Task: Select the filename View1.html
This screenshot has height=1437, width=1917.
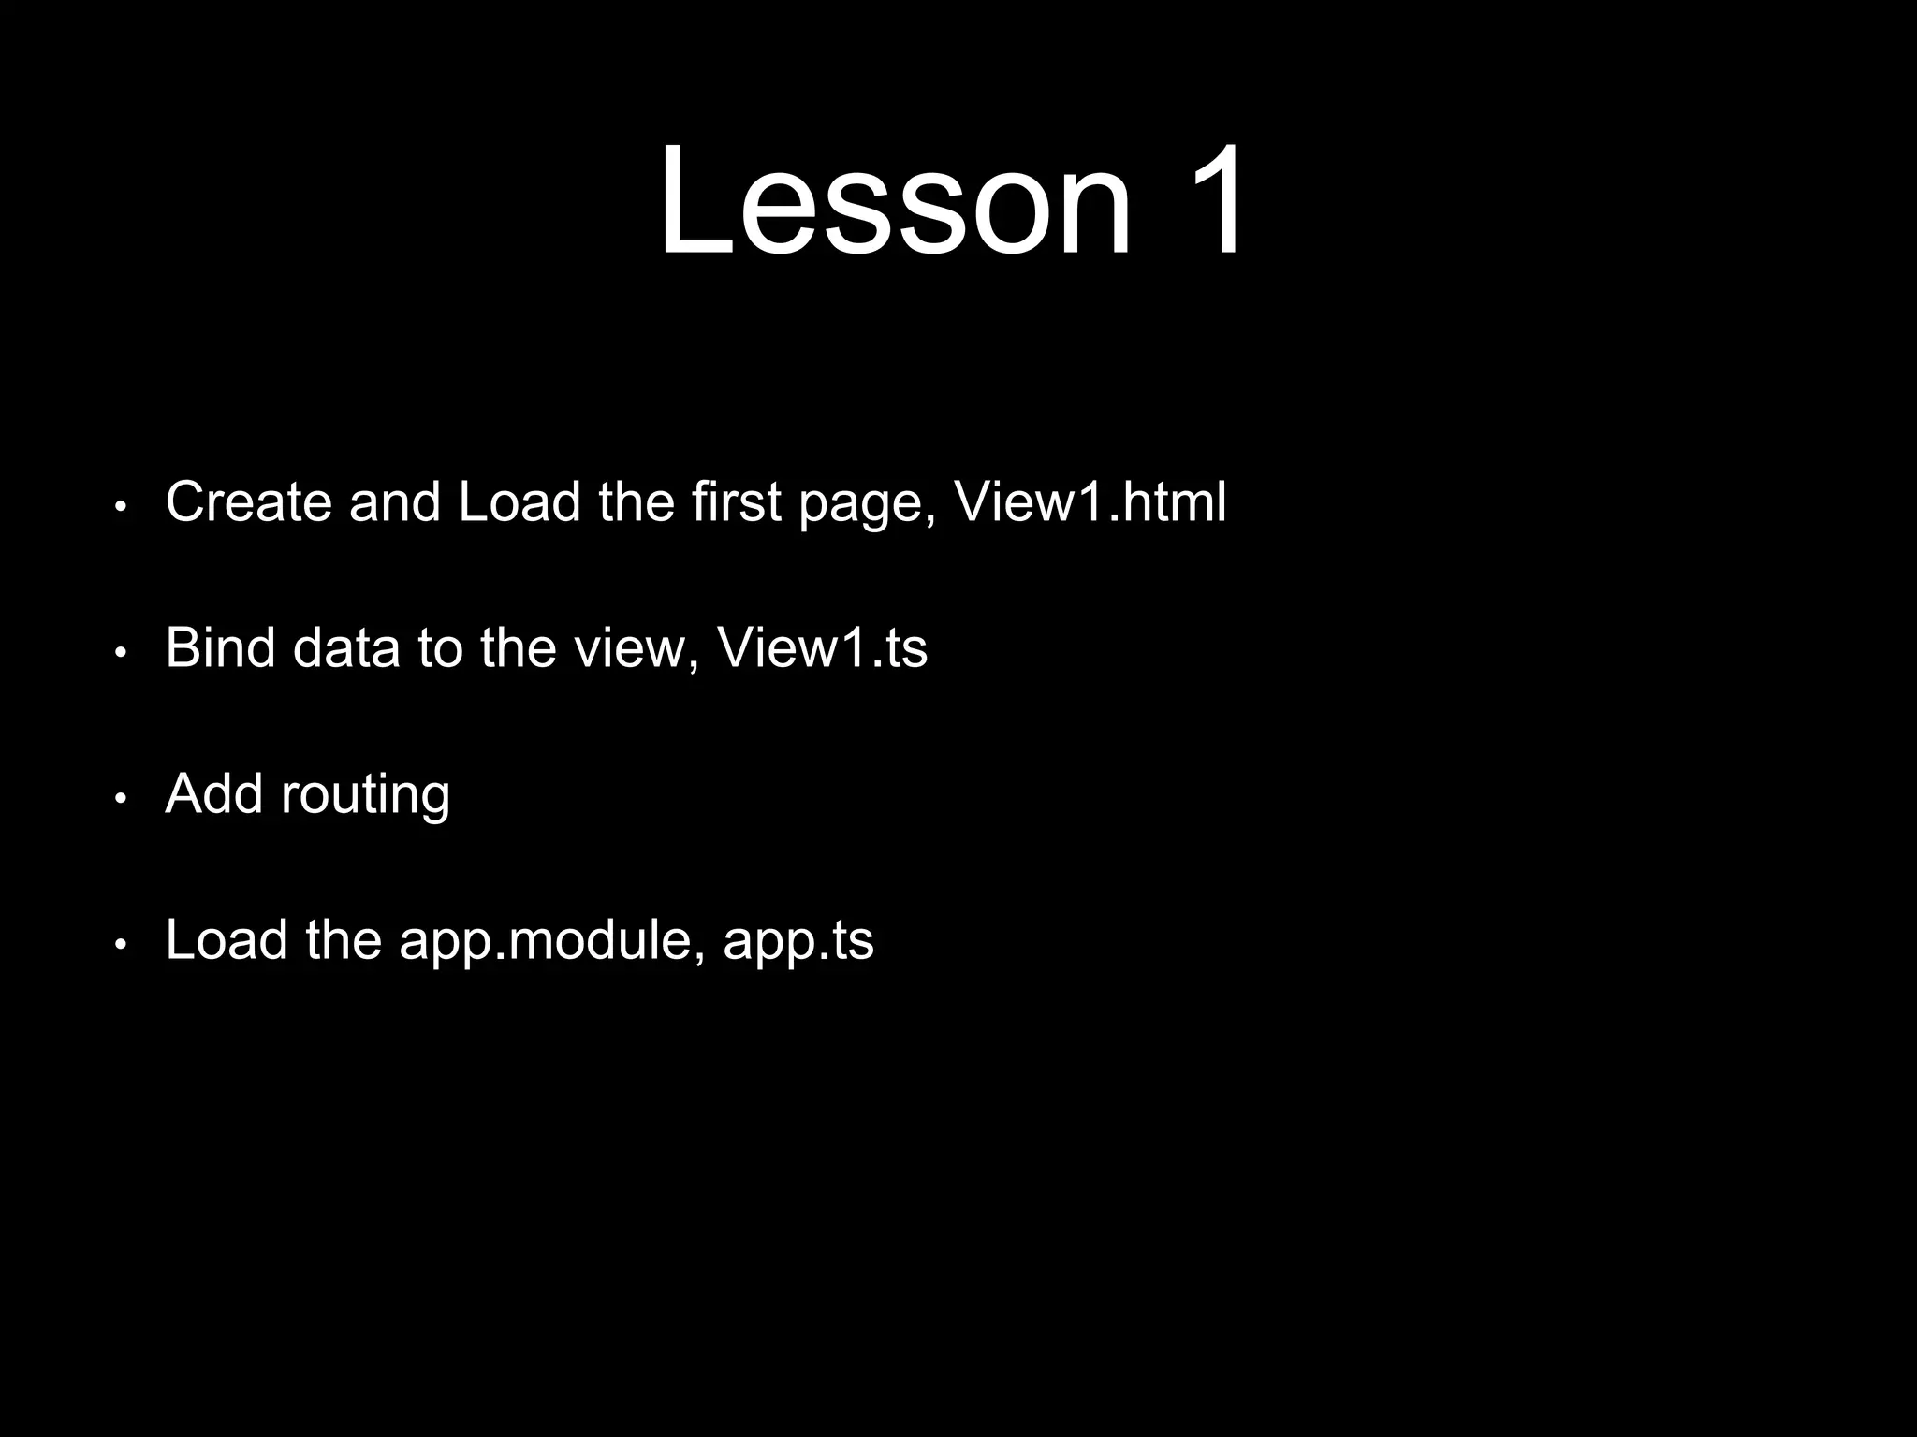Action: [1090, 501]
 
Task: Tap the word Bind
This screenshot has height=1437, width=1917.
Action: [220, 647]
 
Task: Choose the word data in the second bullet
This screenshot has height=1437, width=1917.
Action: [346, 647]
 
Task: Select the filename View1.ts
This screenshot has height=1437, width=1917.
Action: [822, 647]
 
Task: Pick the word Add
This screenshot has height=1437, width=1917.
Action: [214, 793]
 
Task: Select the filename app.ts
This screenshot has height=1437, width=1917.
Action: [798, 941]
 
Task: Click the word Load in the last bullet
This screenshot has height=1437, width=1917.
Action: [227, 939]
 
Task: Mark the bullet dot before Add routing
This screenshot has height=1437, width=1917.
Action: [120, 799]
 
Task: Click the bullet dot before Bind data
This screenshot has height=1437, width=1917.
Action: [120, 653]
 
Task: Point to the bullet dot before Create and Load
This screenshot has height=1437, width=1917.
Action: [120, 507]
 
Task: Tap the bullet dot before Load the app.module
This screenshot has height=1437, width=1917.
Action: [120, 945]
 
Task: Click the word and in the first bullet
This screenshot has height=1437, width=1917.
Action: [394, 501]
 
